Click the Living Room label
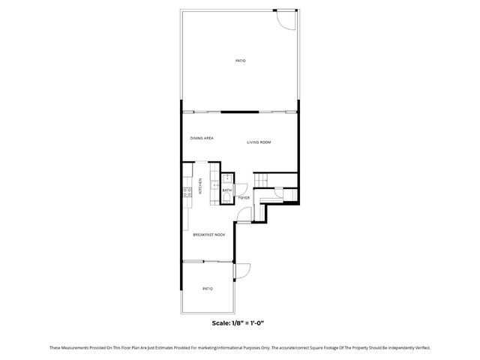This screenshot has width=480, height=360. tap(259, 142)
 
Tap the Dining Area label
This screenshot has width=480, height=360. tap(202, 138)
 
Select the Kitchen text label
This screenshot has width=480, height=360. tap(200, 186)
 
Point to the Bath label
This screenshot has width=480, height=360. tap(226, 190)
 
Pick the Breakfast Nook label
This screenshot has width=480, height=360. tap(209, 235)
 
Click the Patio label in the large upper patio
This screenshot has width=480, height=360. tap(240, 60)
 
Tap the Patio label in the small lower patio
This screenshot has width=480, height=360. tap(208, 288)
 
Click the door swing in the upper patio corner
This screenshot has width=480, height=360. tap(284, 20)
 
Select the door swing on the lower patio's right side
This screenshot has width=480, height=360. tap(242, 271)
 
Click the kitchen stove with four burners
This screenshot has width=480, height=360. tap(187, 193)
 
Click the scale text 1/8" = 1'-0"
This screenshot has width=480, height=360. tap(239, 322)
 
